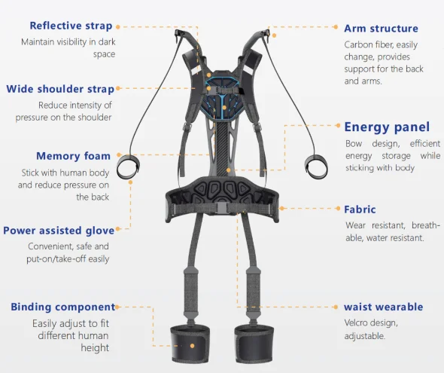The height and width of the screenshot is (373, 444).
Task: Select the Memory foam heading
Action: [x=73, y=156]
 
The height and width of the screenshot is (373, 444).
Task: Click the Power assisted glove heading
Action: [x=59, y=231]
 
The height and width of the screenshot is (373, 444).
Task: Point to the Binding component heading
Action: [x=63, y=307]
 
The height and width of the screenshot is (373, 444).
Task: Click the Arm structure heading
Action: [x=381, y=29]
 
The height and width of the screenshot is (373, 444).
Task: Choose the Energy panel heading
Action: [x=387, y=127]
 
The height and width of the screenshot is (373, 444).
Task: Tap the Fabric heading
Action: [x=360, y=209]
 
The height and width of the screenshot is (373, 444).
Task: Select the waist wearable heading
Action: [x=383, y=307]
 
